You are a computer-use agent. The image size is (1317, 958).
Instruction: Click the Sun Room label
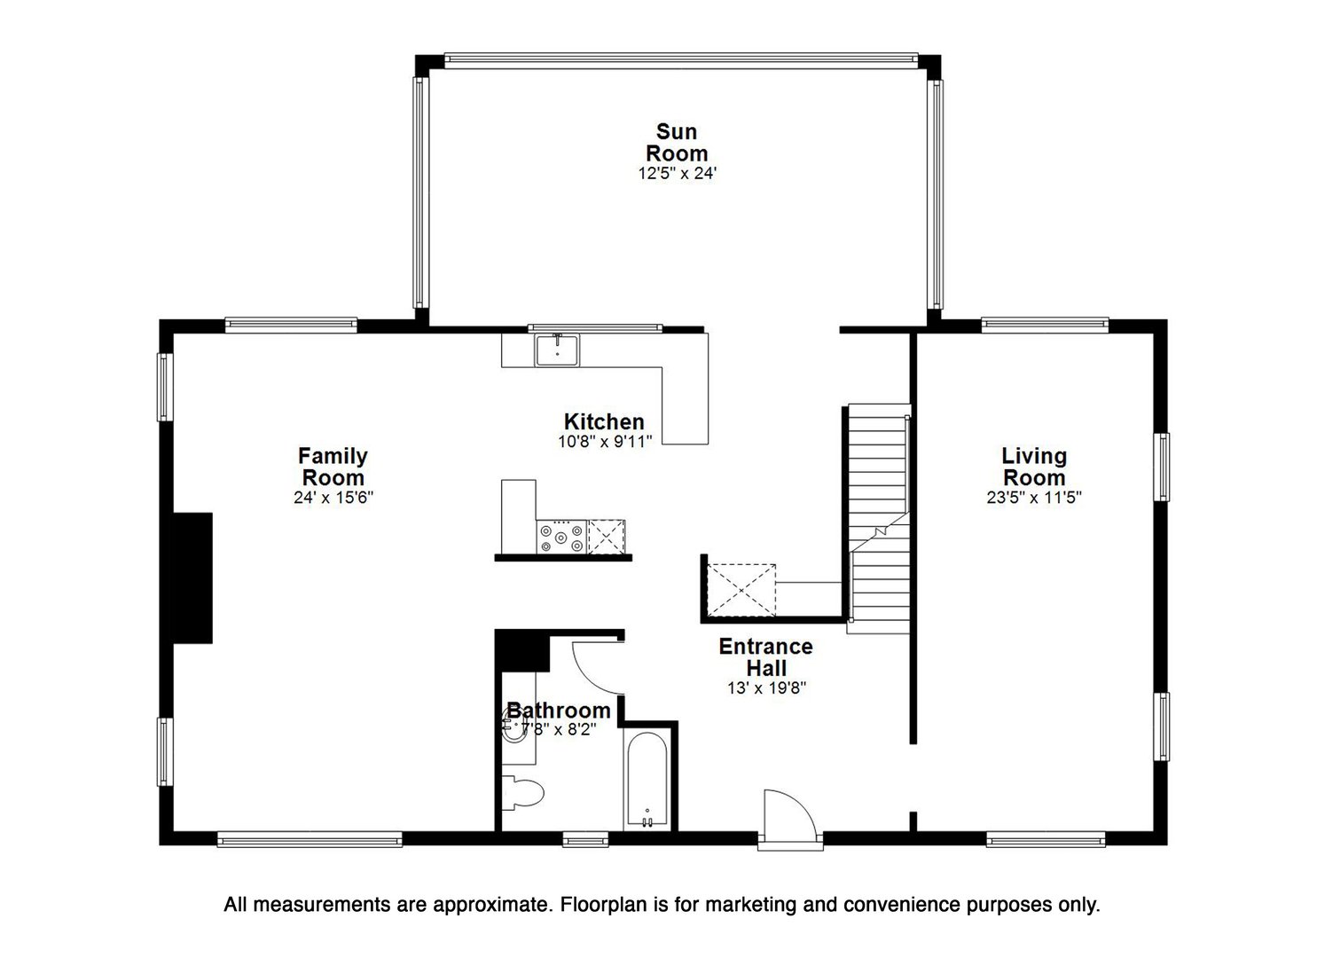coord(677,142)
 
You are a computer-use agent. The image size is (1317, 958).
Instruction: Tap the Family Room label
coord(333,467)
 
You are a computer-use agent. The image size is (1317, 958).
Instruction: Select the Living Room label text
coord(1033,467)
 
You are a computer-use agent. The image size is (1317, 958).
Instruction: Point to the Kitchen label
coord(604,421)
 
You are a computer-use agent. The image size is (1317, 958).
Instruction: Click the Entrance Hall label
coord(765,656)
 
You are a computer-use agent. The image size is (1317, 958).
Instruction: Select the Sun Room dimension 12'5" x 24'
coord(677,174)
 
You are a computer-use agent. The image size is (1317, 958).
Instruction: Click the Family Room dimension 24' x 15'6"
coord(333,498)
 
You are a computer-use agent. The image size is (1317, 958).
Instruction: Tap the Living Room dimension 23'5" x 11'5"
coord(1033,498)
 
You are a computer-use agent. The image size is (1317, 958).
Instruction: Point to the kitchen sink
coord(557,349)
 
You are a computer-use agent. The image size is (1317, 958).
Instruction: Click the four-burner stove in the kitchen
coord(561,537)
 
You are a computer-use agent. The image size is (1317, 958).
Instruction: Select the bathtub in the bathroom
coord(647,781)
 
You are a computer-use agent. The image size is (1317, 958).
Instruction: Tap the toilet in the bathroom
coord(523,792)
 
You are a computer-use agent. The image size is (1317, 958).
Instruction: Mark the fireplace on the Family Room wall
coord(192,577)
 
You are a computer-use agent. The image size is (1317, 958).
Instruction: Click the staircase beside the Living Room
coord(879,519)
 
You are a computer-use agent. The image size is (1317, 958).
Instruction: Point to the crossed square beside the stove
coord(607,537)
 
